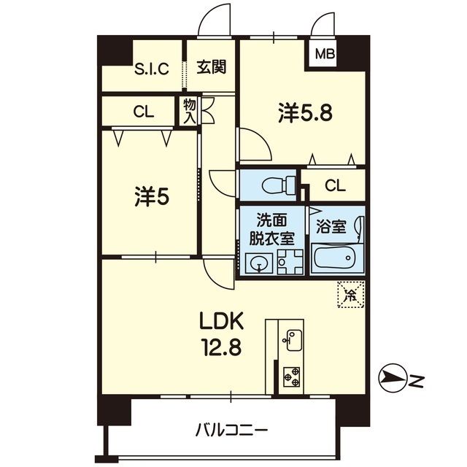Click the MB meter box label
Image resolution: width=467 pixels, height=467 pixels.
(x=325, y=54)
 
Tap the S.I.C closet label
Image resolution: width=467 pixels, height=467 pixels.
(x=152, y=69)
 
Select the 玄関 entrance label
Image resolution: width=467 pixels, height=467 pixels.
(x=212, y=66)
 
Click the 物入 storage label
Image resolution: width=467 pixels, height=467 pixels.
(x=190, y=112)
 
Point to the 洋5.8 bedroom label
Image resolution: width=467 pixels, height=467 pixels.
(x=305, y=113)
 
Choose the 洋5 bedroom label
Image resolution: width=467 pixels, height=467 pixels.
(x=152, y=196)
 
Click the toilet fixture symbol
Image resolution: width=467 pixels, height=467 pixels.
(x=279, y=185)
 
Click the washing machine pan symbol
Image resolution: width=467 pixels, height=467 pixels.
(x=290, y=262)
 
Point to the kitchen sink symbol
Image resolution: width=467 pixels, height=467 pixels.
(x=293, y=340)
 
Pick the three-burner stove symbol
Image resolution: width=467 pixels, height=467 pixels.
(x=292, y=377)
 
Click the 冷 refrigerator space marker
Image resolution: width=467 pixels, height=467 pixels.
(x=351, y=294)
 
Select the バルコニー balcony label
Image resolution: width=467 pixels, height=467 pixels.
(x=232, y=431)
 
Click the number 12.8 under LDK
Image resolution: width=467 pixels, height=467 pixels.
(x=222, y=347)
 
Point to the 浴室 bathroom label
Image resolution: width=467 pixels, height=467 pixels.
(x=331, y=227)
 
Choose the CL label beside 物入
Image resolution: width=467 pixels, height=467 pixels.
(x=144, y=112)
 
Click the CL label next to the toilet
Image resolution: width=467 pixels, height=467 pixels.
(x=335, y=185)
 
